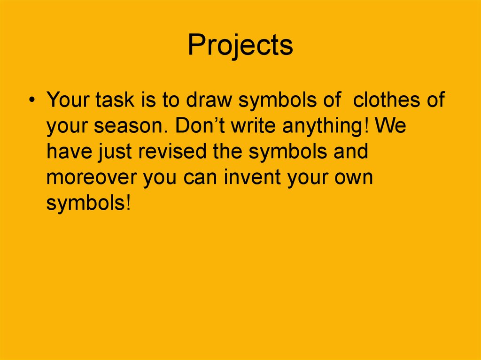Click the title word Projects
click(240, 46)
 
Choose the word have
click(68, 153)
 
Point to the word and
click(351, 153)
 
